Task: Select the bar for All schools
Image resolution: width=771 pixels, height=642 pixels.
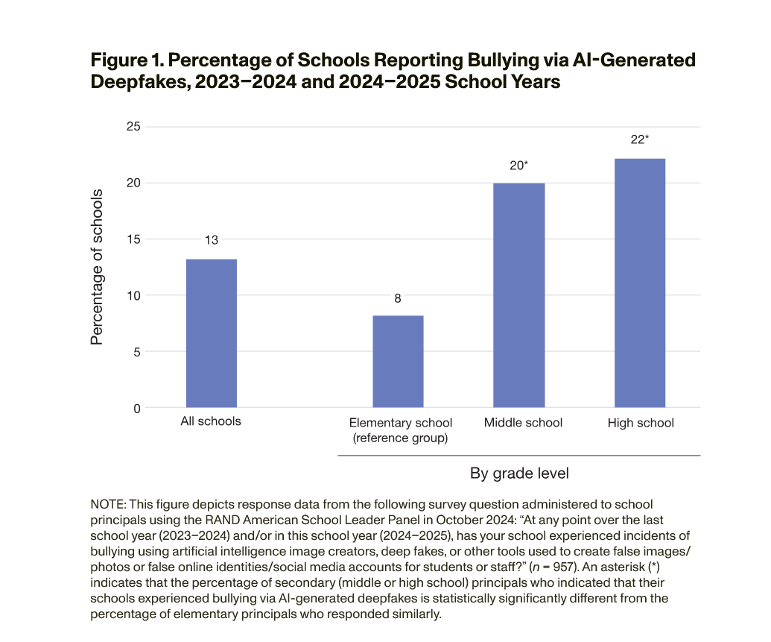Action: click(211, 333)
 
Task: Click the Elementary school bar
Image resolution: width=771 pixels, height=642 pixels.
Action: click(398, 362)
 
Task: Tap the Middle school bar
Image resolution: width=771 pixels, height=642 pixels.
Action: click(519, 295)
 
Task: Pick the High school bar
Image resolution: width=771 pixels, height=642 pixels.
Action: click(640, 283)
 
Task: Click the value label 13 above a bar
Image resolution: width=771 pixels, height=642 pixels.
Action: click(211, 240)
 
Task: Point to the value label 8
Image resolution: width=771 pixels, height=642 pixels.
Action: click(398, 298)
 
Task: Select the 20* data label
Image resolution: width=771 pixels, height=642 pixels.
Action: click(519, 166)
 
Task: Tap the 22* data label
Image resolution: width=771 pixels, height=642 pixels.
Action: click(641, 139)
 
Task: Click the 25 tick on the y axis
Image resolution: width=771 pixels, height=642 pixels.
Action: click(133, 127)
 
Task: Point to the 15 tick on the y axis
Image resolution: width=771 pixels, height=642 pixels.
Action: click(133, 239)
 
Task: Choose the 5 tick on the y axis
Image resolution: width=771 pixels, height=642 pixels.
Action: click(136, 352)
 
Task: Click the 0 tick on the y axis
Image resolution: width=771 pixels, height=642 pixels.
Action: click(136, 409)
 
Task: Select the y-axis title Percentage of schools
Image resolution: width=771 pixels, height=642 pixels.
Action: click(97, 267)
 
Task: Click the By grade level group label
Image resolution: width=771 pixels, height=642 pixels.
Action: click(519, 473)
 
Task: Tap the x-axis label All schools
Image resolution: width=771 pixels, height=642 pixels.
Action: click(211, 421)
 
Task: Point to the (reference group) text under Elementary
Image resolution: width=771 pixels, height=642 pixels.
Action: click(400, 438)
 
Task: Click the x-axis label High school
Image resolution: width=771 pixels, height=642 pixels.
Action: click(641, 423)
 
